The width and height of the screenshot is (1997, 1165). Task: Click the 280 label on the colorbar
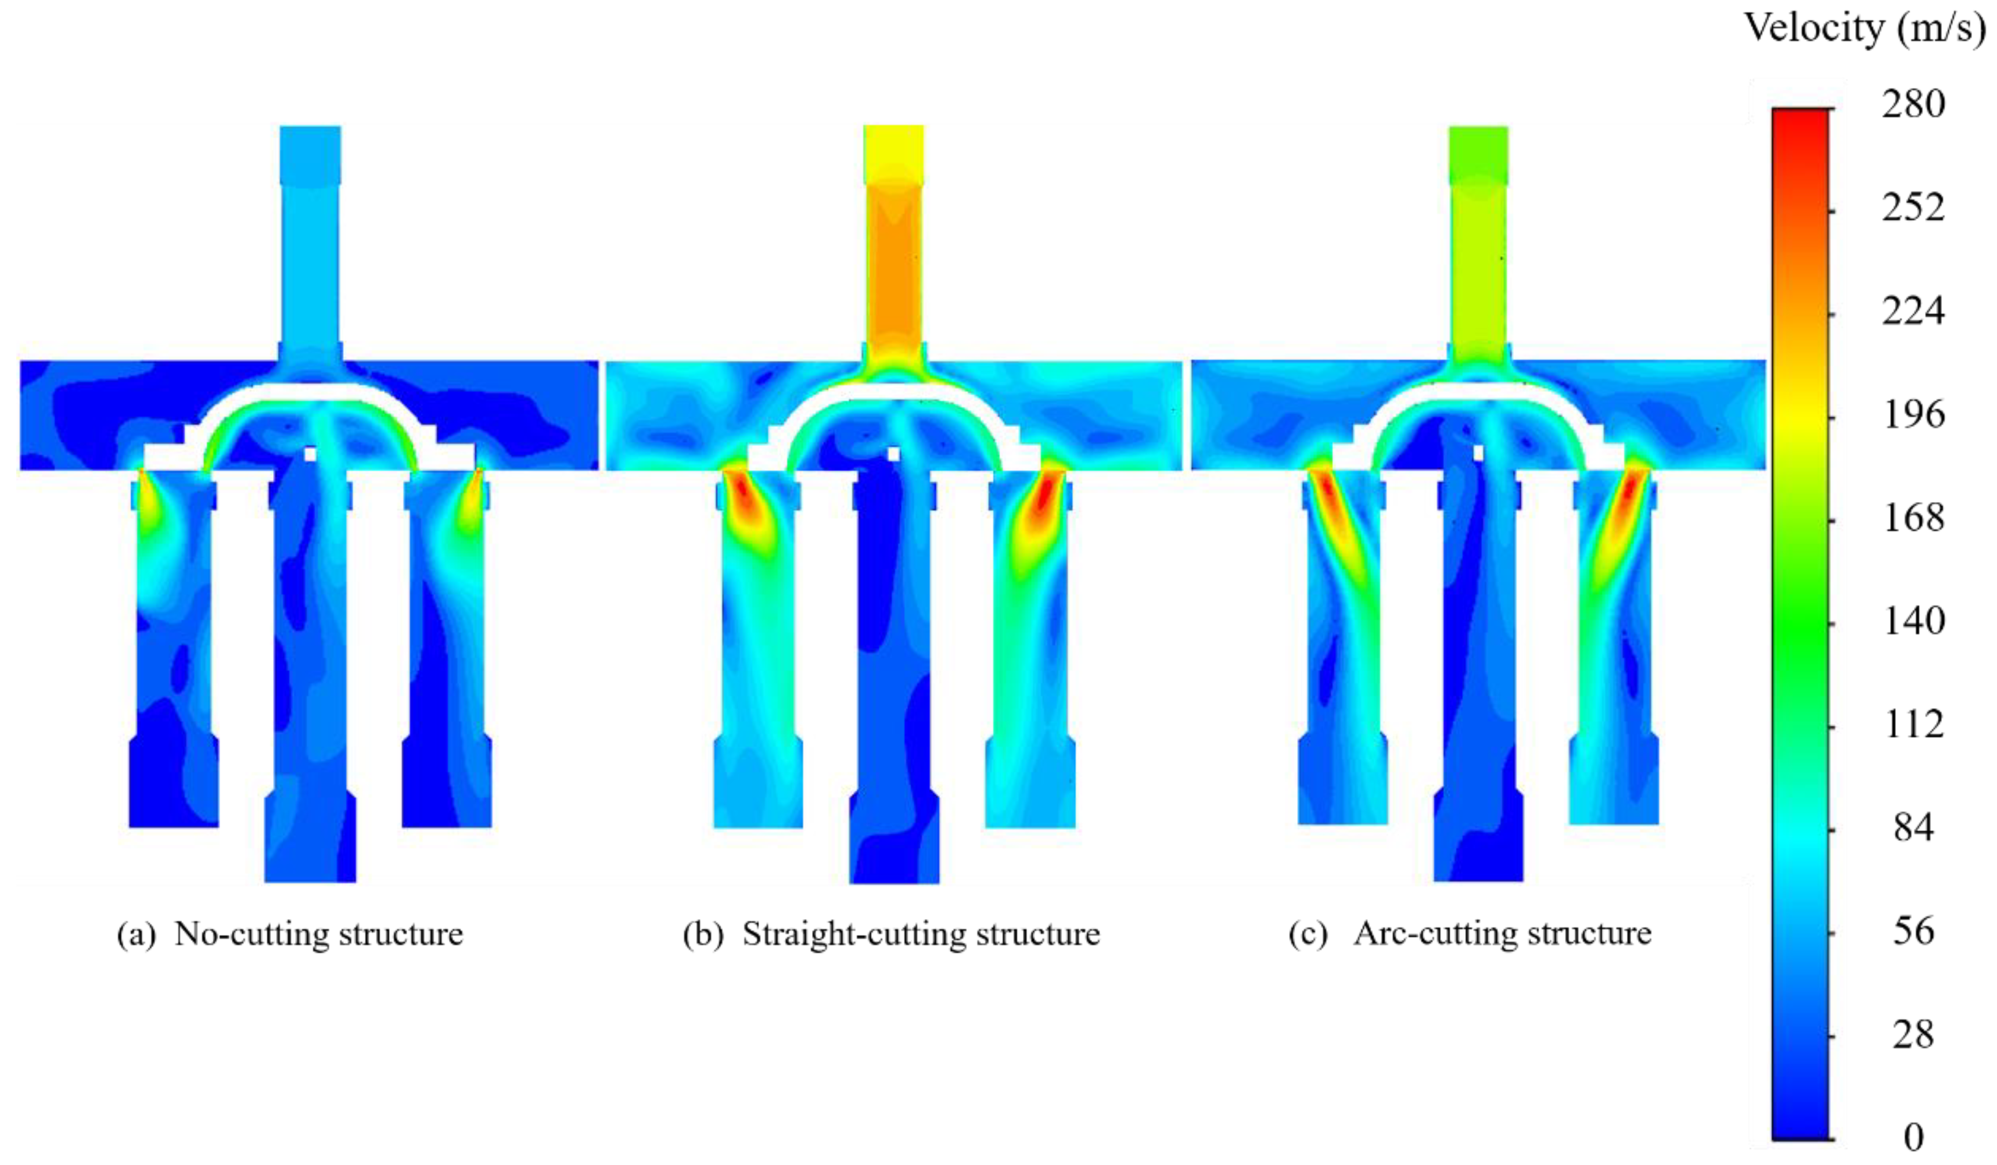point(1913,104)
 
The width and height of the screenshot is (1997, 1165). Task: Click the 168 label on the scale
point(1913,518)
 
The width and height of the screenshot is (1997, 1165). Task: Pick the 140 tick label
point(1913,621)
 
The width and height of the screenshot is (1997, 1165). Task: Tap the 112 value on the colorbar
point(1913,725)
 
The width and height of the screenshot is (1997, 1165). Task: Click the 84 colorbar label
point(1913,828)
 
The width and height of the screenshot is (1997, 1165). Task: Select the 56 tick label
point(1913,931)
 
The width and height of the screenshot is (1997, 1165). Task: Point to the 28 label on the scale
point(1913,1035)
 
